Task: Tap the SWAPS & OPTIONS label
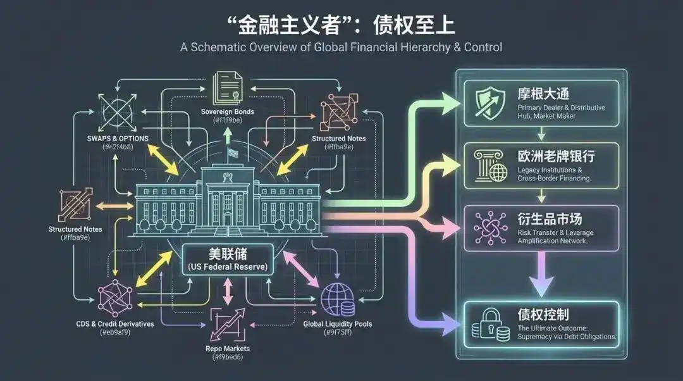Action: tap(118, 138)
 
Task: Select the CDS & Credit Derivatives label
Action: tap(114, 324)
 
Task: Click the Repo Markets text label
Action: tap(227, 348)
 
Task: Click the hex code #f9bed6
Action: tap(228, 358)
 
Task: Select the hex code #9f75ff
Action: tap(337, 333)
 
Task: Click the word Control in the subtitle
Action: tap(483, 47)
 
